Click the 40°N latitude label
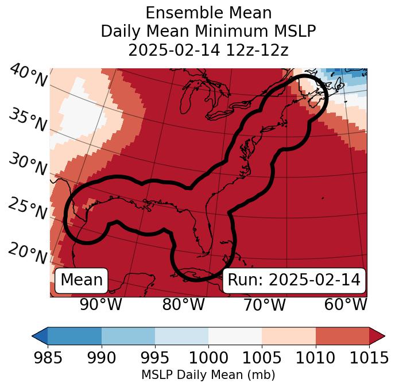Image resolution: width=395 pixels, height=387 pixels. click(x=28, y=75)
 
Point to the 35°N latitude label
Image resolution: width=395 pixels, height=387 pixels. click(x=28, y=120)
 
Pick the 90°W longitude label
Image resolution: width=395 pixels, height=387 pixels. click(x=100, y=305)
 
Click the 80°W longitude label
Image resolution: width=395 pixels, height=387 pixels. click(x=183, y=305)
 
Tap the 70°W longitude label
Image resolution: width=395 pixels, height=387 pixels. click(x=264, y=305)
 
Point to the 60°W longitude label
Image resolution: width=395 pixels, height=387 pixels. click(x=346, y=305)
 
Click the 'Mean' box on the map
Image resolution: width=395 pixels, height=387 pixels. click(x=82, y=280)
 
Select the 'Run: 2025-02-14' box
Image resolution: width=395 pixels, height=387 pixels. click(x=294, y=280)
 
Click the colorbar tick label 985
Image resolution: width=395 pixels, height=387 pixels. click(x=48, y=358)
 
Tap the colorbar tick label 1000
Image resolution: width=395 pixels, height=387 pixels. click(x=208, y=358)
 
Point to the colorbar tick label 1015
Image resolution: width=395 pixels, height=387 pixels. click(x=369, y=358)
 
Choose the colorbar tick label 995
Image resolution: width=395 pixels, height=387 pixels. click(x=155, y=358)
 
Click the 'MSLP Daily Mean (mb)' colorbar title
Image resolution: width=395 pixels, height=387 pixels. click(x=208, y=376)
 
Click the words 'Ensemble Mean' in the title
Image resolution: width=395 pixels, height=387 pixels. click(x=208, y=13)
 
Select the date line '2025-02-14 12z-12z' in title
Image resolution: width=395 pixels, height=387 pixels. click(x=208, y=50)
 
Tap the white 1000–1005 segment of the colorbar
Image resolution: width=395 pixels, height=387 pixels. click(x=235, y=336)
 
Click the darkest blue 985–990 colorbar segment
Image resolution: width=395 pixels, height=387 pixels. click(x=75, y=336)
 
